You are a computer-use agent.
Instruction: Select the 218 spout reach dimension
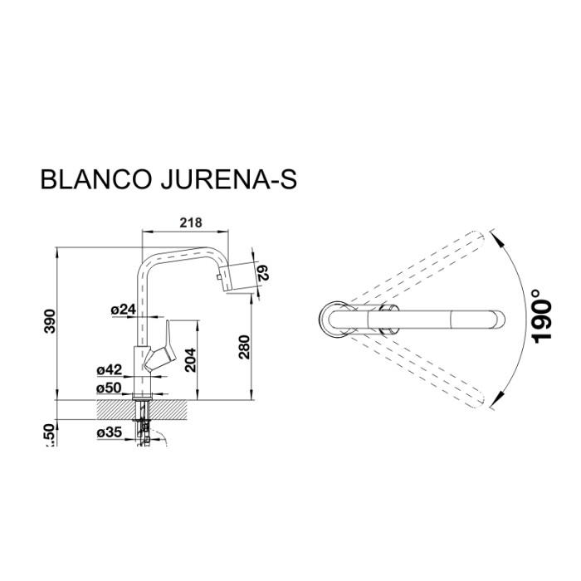[x=192, y=222]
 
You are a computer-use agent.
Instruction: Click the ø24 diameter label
[x=122, y=310]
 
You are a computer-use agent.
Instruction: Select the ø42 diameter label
[x=110, y=370]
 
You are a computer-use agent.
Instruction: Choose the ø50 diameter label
[x=110, y=388]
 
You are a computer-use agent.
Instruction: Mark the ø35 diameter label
[x=110, y=432]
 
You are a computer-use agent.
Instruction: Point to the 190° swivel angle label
[x=541, y=316]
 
